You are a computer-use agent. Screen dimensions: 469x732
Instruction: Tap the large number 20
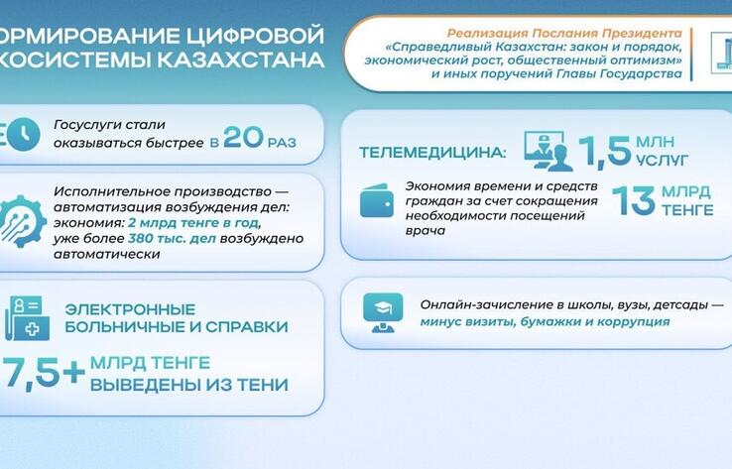[x=243, y=137]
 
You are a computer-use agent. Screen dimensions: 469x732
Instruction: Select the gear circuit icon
[x=22, y=223]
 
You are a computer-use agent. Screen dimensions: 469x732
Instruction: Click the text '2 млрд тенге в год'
[x=189, y=222]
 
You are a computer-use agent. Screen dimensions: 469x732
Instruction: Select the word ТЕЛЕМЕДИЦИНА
[x=431, y=155]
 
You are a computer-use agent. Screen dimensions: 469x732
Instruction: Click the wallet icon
[x=376, y=200]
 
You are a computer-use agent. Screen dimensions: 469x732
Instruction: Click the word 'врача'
[x=426, y=230]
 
